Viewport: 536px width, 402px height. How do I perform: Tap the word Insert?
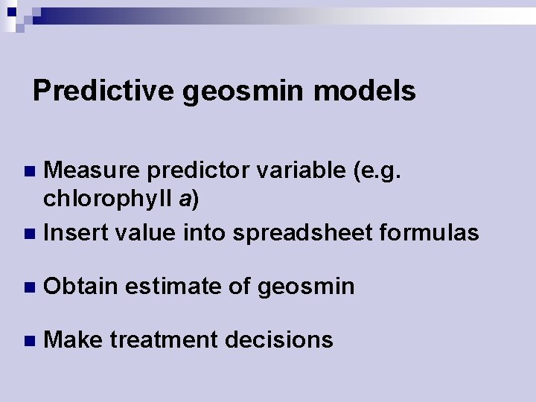(77, 233)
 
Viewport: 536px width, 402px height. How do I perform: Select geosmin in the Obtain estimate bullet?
(305, 287)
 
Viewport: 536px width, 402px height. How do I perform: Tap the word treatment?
(162, 340)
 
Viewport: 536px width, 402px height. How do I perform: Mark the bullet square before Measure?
(30, 172)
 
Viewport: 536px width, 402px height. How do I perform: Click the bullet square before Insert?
(30, 234)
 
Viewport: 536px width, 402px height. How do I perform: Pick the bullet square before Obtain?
(30, 287)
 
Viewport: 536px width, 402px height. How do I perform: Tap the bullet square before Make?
(30, 341)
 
